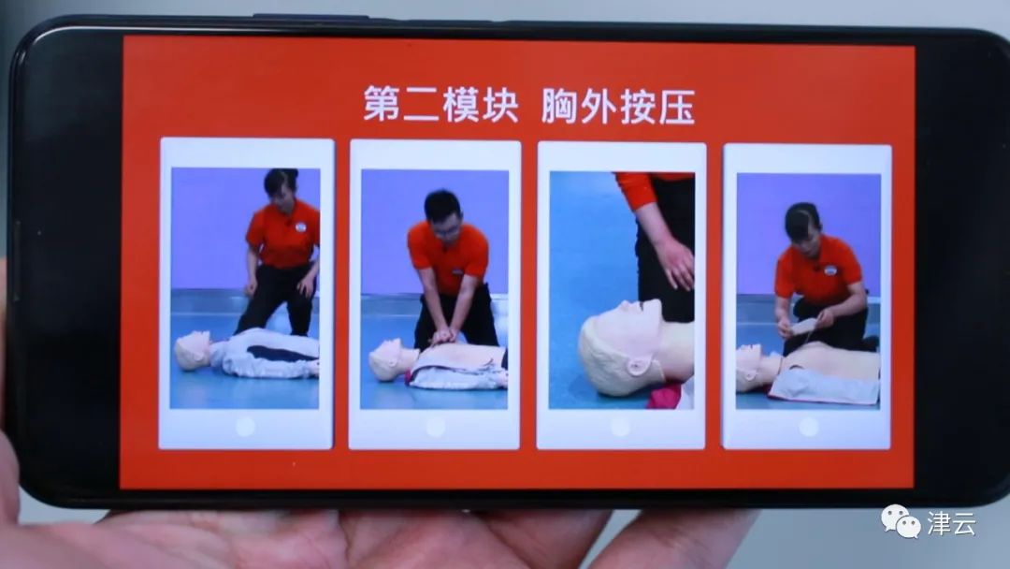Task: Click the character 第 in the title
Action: [x=382, y=103]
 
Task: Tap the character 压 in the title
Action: [x=676, y=107]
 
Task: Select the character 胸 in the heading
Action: [x=559, y=106]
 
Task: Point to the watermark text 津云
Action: [x=952, y=523]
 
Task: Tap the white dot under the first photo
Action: [x=245, y=426]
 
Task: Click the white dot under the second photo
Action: [x=435, y=427]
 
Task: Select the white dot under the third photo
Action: [x=620, y=427]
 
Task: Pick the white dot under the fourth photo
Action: [x=808, y=427]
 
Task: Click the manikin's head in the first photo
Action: [x=192, y=351]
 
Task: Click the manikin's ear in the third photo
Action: [x=638, y=367]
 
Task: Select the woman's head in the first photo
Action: [x=281, y=187]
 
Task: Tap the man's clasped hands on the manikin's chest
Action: [x=444, y=336]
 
